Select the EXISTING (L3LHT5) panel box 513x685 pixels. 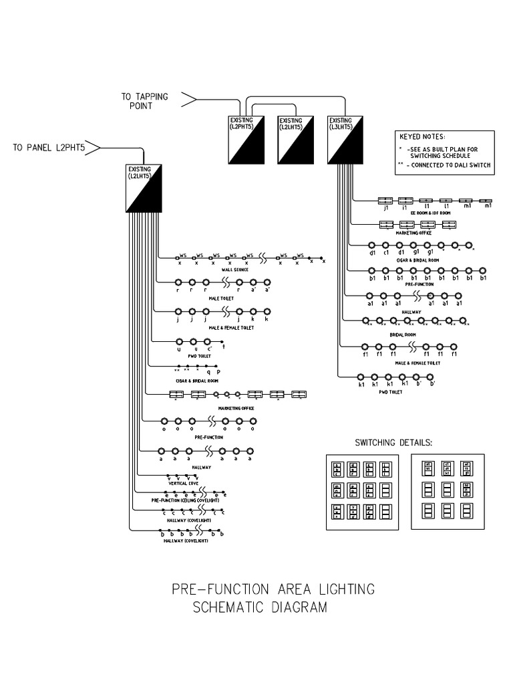[x=345, y=139]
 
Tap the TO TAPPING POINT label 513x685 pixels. [x=144, y=101]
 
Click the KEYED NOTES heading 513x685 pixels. [x=422, y=136]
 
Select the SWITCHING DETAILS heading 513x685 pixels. [x=393, y=443]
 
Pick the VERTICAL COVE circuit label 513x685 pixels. [x=182, y=482]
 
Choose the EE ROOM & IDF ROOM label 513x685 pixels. [x=430, y=213]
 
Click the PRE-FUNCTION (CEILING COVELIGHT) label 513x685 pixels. [x=185, y=500]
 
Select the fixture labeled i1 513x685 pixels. [x=405, y=201]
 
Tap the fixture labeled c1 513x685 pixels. [x=386, y=246]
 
